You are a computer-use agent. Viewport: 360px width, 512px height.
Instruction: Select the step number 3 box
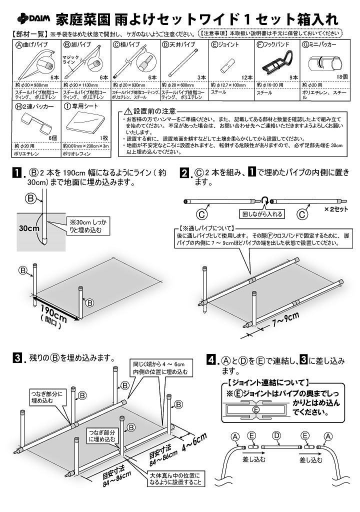pyautogui.click(x=17, y=358)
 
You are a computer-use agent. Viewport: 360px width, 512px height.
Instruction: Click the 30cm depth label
pyautogui.click(x=29, y=228)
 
